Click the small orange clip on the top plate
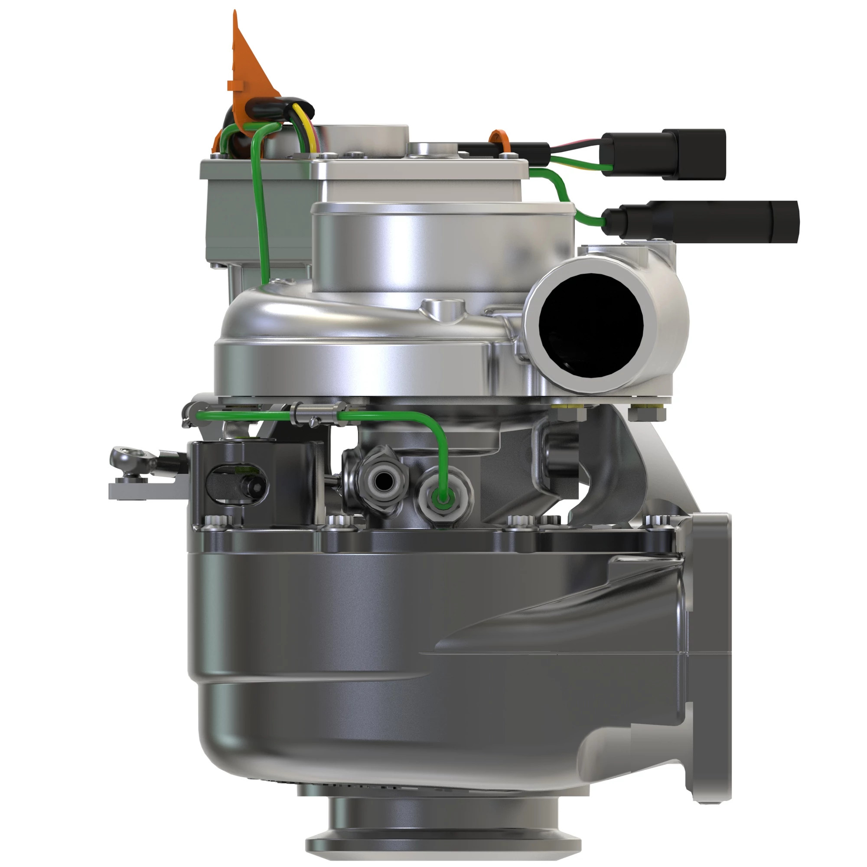click(x=499, y=140)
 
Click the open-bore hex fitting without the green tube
click(x=382, y=482)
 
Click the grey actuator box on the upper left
click(x=251, y=211)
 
